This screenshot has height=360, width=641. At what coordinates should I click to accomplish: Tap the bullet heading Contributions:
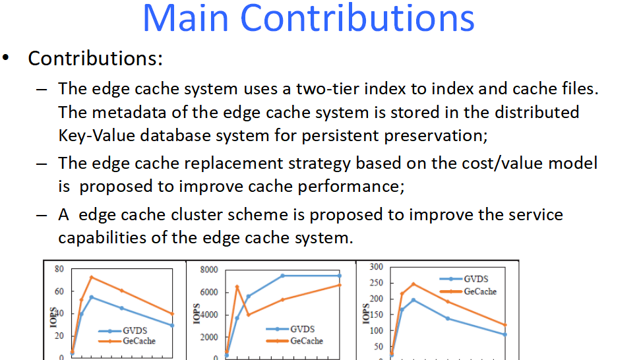click(x=95, y=58)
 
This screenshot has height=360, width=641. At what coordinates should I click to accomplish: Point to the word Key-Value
click(x=96, y=136)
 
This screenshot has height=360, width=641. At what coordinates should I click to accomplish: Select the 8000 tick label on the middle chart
click(x=209, y=270)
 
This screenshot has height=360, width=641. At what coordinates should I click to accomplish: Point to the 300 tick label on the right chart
click(x=376, y=267)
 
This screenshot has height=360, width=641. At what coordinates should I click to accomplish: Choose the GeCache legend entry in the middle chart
click(x=294, y=341)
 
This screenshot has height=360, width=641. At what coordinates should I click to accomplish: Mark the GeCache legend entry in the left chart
click(x=127, y=341)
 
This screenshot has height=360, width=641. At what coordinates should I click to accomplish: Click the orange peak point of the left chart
click(x=91, y=277)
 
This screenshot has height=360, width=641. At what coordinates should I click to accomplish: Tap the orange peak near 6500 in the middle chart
click(x=237, y=286)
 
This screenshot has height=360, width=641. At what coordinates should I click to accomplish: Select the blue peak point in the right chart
click(x=413, y=300)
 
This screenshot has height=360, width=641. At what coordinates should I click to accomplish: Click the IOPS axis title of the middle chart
click(x=197, y=313)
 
